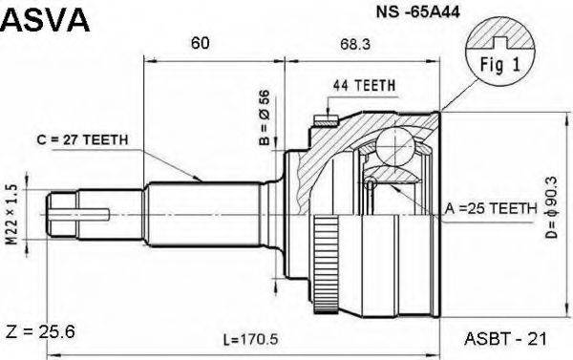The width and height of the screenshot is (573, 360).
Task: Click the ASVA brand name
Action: coord(45,20)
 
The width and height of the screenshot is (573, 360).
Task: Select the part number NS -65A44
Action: coord(418,12)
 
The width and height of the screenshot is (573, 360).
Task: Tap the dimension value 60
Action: coord(201,43)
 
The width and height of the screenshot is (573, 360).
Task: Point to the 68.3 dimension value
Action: coord(355,44)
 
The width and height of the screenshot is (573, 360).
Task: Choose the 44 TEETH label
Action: coord(364,86)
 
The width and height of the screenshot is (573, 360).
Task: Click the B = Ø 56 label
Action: coord(265,117)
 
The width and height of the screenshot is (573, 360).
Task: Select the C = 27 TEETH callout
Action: coord(82,139)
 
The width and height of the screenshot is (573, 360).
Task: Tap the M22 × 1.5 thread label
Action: coord(12,215)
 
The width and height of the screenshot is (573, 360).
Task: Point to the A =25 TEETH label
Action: coord(491,208)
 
